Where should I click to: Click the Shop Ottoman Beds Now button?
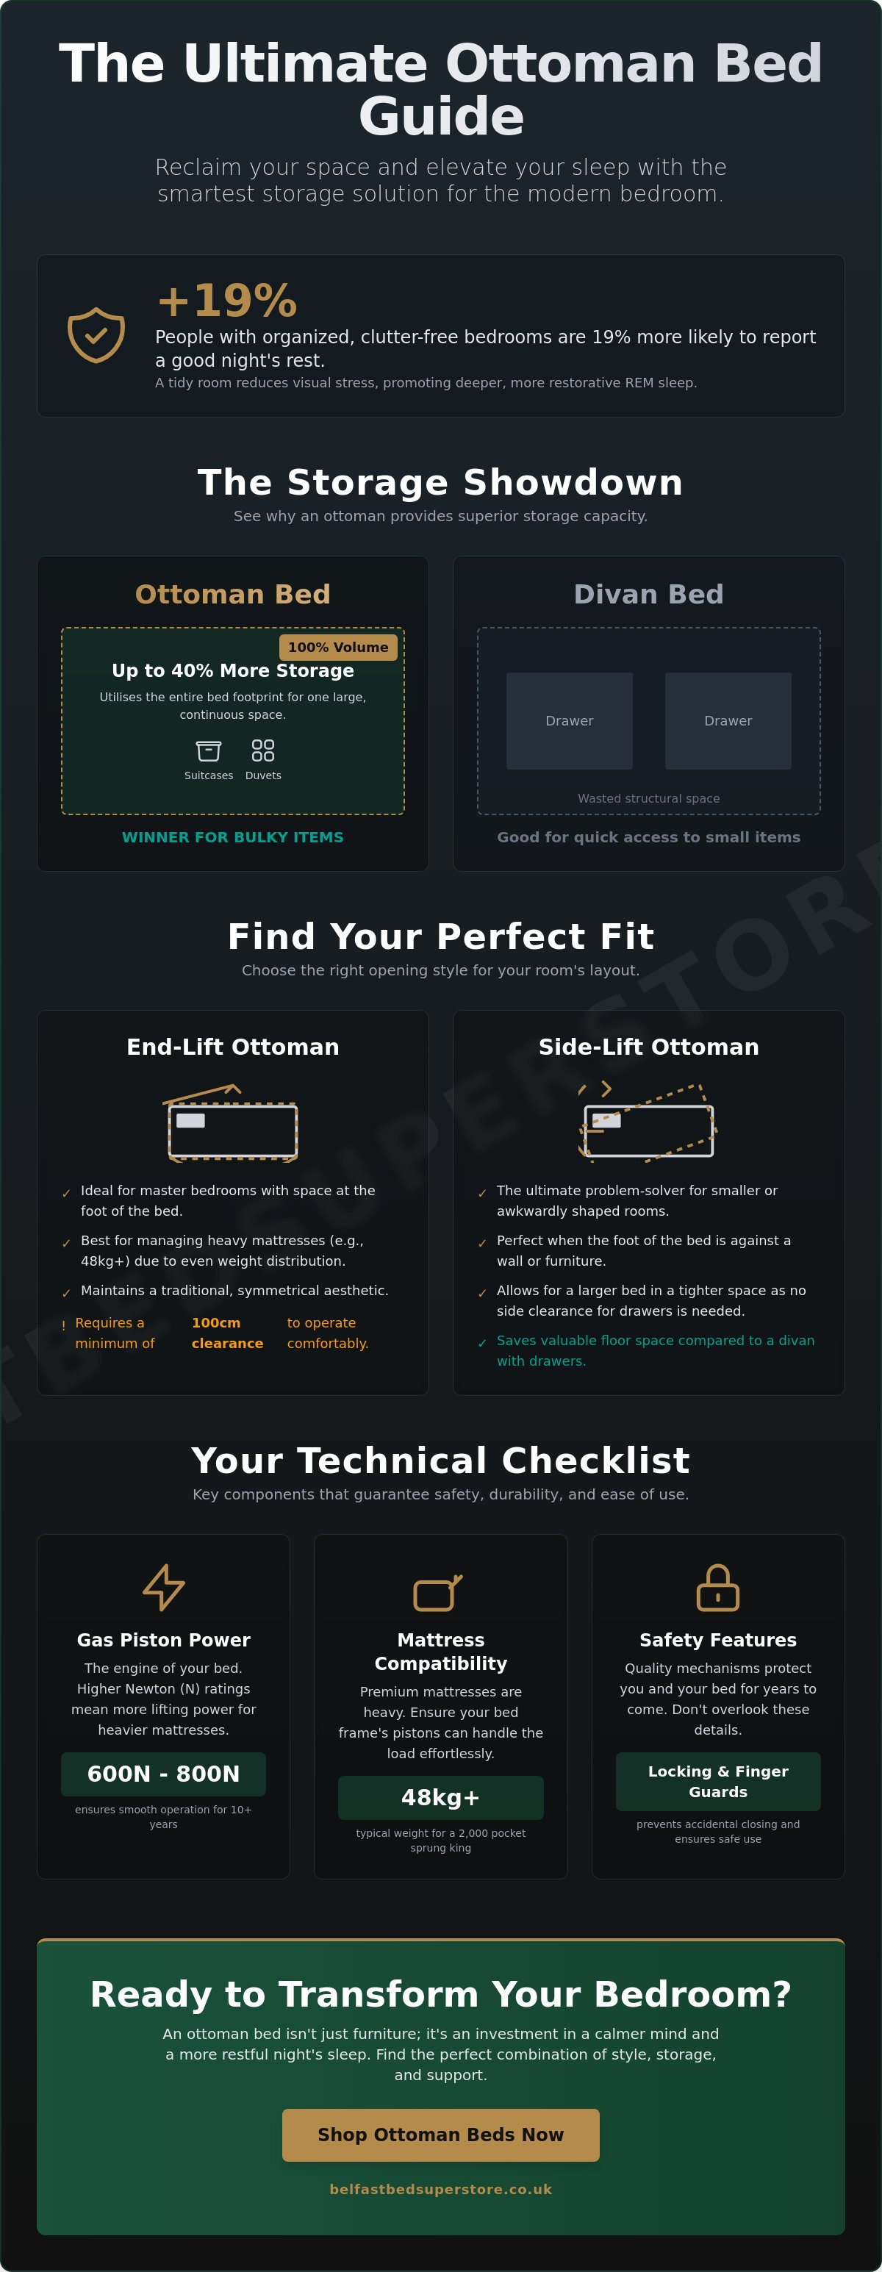[x=441, y=2135]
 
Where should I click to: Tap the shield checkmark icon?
[x=96, y=335]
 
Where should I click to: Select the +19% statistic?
[x=226, y=301]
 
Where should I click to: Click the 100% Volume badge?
[x=338, y=648]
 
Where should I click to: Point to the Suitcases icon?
[x=208, y=750]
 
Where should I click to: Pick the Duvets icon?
[x=263, y=750]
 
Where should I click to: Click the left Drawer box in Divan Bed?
[x=570, y=720]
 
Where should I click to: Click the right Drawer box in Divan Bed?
[x=728, y=720]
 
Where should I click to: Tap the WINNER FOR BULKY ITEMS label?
[x=233, y=837]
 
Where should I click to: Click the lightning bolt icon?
[x=164, y=1587]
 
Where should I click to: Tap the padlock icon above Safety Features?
[x=718, y=1587]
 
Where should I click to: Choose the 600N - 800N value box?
[x=163, y=1774]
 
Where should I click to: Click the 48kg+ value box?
[x=441, y=1797]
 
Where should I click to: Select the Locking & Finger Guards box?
[x=718, y=1782]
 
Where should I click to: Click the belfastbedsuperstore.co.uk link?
[x=441, y=2189]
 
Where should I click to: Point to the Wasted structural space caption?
[x=649, y=798]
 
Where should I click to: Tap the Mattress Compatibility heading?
[x=441, y=1651]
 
